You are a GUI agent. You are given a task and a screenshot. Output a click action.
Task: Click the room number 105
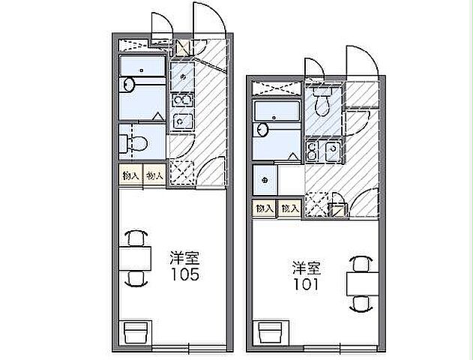click(x=184, y=274)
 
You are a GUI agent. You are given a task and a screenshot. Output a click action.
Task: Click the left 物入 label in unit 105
click(x=130, y=175)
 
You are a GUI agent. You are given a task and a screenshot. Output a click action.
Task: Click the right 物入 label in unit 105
click(x=154, y=175)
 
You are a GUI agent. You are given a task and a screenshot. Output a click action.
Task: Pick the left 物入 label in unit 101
click(x=264, y=208)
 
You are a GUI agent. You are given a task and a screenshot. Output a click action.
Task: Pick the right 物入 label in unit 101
click(x=290, y=208)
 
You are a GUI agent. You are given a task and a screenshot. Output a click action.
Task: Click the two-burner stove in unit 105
click(x=181, y=100)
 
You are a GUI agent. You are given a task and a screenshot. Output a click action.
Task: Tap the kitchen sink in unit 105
click(x=181, y=119)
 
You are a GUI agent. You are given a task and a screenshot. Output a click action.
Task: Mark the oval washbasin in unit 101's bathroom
click(x=262, y=130)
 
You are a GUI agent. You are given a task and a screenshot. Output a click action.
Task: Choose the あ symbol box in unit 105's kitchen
click(x=181, y=75)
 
